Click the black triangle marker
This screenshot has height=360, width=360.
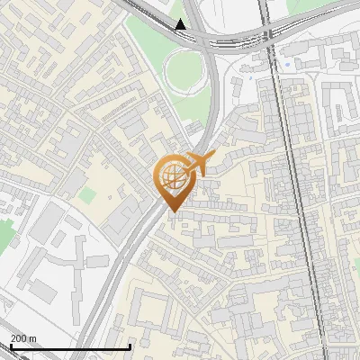click(x=181, y=24)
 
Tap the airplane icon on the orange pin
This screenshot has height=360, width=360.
click(x=198, y=164)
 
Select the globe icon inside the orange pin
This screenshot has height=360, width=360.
click(x=173, y=176)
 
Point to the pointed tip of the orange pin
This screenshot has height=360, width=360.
click(x=173, y=211)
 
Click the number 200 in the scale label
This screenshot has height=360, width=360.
click(x=19, y=337)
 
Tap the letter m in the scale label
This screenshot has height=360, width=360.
click(x=33, y=337)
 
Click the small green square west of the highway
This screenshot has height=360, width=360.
click(x=87, y=194)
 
